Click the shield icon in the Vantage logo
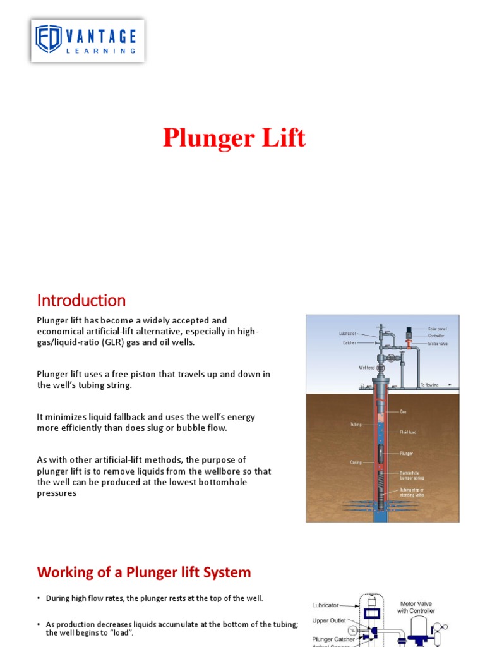(48, 40)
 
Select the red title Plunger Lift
(234, 138)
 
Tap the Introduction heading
(81, 300)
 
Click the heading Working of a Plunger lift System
(144, 572)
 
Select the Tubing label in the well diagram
(356, 425)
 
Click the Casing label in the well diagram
(356, 462)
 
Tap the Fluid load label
(407, 432)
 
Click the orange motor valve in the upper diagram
(409, 343)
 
